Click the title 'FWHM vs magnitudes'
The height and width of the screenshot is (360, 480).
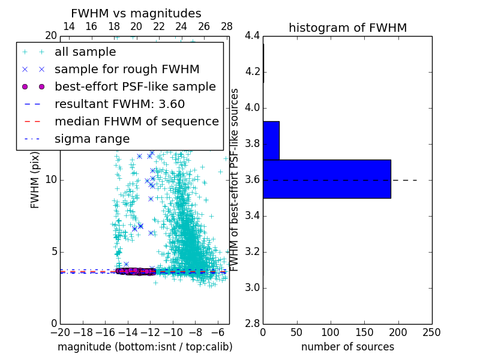(136, 13)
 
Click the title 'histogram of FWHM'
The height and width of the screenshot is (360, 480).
(347, 28)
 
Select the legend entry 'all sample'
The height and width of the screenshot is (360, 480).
(85, 52)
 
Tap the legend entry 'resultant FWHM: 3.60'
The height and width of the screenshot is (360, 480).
(119, 104)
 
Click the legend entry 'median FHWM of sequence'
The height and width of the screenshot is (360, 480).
(136, 122)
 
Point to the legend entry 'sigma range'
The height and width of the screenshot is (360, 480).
(92, 139)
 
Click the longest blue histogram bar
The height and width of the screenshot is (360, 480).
(326, 179)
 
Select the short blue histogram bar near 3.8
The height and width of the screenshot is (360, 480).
(271, 140)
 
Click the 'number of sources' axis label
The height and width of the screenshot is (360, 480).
(347, 347)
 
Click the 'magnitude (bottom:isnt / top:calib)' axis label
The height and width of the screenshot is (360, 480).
(145, 347)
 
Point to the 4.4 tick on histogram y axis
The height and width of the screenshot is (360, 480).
(252, 36)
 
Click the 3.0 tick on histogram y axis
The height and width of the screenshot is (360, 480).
(252, 287)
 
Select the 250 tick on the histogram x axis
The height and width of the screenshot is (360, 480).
(431, 332)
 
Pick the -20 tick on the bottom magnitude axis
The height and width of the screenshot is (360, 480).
(60, 332)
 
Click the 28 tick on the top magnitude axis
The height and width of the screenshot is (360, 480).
(227, 26)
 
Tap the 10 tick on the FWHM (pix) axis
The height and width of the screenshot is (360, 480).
(51, 180)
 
